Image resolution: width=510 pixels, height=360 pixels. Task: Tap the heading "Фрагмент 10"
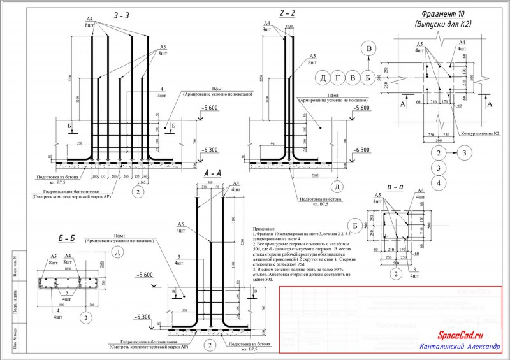tap(446, 14)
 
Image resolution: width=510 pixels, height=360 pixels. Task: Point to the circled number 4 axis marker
tap(437, 184)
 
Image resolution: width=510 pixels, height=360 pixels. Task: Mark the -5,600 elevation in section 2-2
tap(360, 108)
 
